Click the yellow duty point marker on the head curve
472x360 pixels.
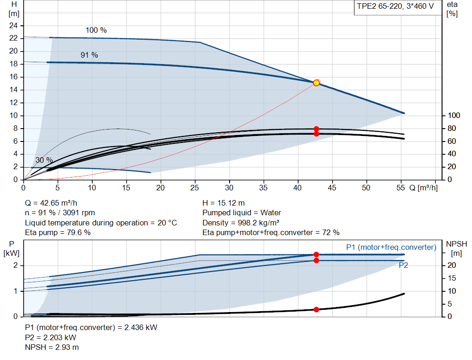click(316, 83)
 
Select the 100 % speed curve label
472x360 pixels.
click(96, 30)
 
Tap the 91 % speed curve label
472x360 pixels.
click(89, 55)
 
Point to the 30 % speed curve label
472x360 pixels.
click(44, 160)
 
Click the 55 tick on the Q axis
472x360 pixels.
click(401, 188)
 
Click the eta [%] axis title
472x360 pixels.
click(452, 9)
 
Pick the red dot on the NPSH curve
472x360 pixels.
click(316, 310)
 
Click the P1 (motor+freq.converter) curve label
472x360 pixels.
click(391, 248)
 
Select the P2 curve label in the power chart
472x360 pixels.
click(403, 266)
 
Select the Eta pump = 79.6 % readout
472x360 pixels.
click(58, 233)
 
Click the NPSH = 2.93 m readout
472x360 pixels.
click(52, 347)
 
